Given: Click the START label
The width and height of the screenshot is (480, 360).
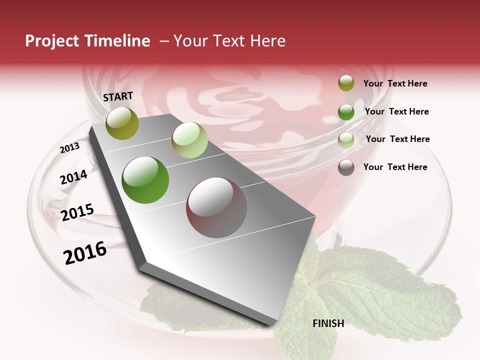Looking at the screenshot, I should click(118, 96).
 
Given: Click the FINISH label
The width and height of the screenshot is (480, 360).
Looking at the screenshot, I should click(328, 323).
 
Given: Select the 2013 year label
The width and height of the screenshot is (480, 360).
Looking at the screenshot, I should click(70, 148).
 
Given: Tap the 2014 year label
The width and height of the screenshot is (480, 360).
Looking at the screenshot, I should click(73, 177).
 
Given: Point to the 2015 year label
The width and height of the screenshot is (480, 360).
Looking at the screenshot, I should click(77, 212).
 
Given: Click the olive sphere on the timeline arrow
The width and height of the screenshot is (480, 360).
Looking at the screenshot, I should click(122, 123).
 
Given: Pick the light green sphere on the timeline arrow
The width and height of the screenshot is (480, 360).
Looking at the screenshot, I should click(189, 140).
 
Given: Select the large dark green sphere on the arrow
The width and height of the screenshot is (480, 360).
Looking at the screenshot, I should click(145, 180).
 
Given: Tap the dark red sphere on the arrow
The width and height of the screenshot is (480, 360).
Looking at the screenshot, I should click(216, 207).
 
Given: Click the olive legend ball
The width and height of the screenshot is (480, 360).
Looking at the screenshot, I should click(346, 83).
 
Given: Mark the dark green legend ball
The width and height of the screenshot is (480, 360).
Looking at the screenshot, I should click(346, 112).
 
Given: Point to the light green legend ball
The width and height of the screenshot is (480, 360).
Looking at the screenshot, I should click(346, 140).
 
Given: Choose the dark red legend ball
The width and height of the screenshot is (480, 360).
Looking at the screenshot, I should click(346, 167).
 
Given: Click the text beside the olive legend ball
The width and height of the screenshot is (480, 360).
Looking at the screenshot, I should click(395, 84).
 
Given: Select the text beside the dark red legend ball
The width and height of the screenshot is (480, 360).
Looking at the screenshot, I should click(395, 167).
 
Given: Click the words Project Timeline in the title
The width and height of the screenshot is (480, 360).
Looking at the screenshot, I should click(87, 41).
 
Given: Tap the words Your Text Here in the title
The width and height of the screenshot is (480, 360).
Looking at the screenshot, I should click(229, 41).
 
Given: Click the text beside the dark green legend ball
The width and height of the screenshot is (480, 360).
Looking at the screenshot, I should click(396, 111).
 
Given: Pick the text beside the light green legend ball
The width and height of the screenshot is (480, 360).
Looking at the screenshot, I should click(397, 139).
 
